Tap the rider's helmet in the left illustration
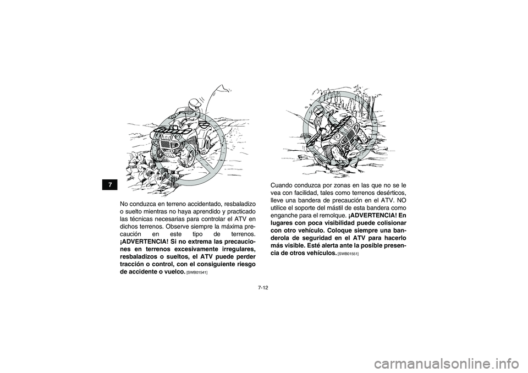[193, 105]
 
